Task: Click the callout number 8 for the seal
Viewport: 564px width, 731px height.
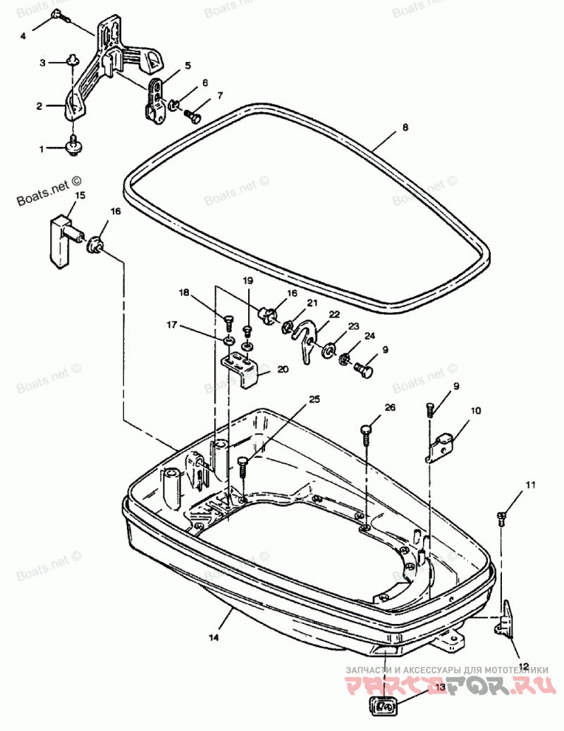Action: pos(405,127)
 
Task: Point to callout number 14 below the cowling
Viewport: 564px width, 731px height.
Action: pos(214,637)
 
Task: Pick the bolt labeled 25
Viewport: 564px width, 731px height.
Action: pos(243,466)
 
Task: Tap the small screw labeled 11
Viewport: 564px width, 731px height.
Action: pos(502,518)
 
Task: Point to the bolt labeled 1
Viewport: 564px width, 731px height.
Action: pos(72,146)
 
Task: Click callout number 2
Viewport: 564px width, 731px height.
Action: pos(40,106)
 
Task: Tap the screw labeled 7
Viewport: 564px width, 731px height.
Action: pos(192,114)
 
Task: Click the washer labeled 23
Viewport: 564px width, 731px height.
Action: pos(329,350)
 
